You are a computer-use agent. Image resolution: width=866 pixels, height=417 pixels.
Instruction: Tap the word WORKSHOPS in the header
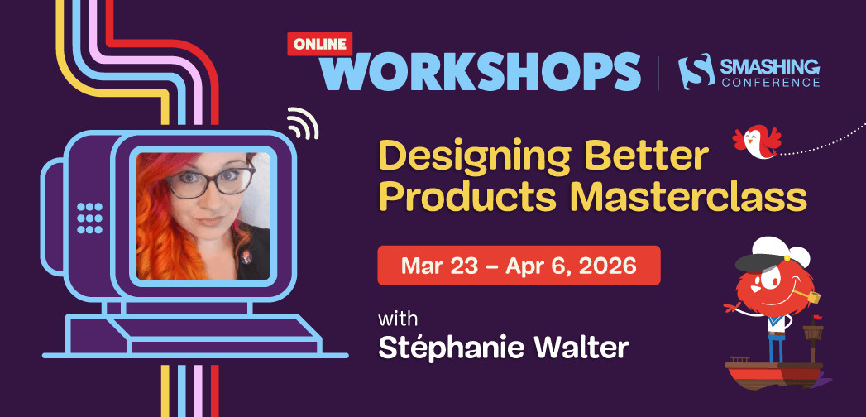[x=488, y=72]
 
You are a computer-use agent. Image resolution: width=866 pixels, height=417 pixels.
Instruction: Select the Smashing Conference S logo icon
[x=692, y=72]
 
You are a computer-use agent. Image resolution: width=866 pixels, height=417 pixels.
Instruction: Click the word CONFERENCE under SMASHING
[x=770, y=83]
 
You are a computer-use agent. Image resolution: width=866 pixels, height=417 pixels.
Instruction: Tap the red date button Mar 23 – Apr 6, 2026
[x=519, y=266]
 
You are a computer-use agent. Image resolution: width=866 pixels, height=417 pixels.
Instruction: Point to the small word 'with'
[x=399, y=319]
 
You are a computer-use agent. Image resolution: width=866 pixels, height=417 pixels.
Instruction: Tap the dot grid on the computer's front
[x=89, y=217]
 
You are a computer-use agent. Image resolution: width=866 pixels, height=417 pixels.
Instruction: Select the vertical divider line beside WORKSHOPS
[x=658, y=72]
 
